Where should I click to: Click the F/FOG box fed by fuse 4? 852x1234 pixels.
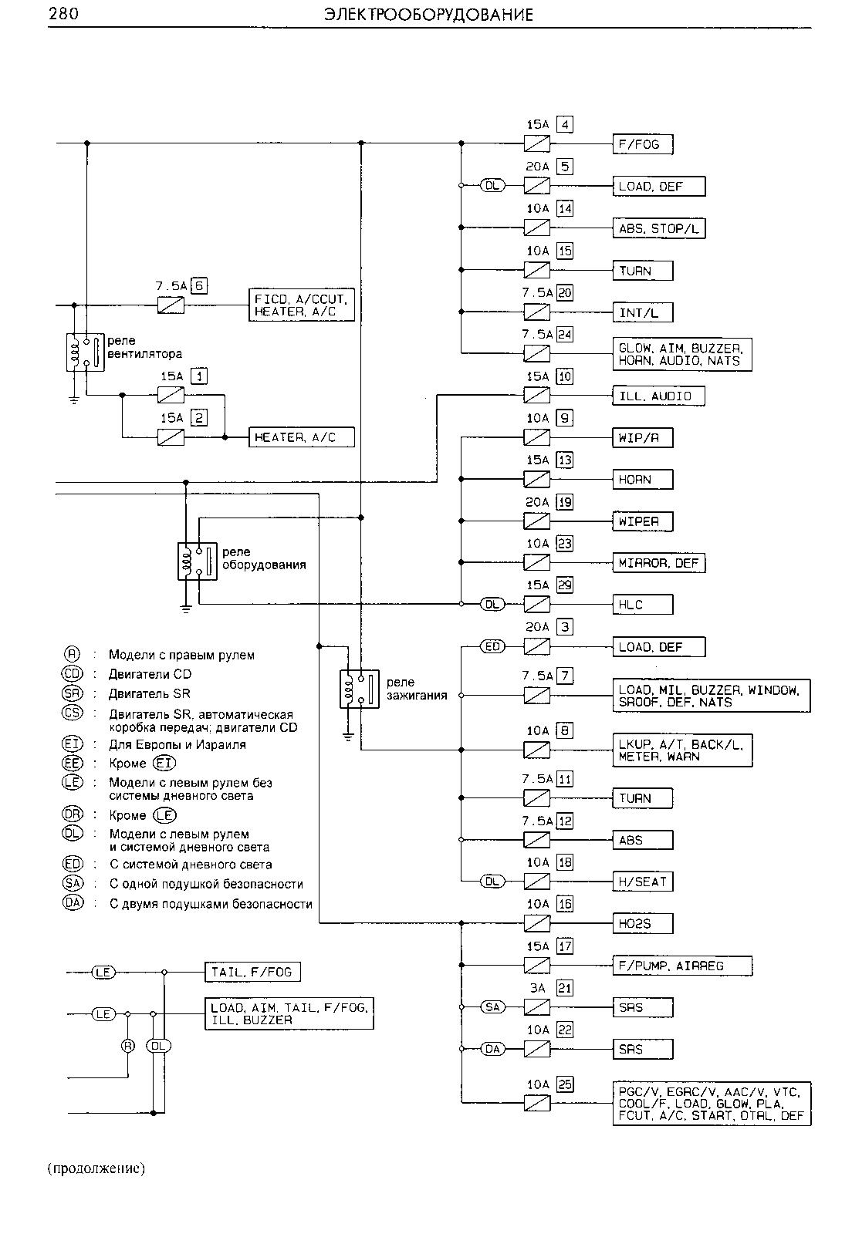click(x=643, y=144)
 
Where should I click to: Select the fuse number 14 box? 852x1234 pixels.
click(x=565, y=209)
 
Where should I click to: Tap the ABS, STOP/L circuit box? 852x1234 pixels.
click(x=658, y=228)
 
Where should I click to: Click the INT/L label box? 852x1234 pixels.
click(x=643, y=313)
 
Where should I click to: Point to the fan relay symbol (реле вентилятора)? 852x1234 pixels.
click(x=85, y=352)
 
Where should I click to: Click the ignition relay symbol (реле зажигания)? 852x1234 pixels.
click(x=360, y=689)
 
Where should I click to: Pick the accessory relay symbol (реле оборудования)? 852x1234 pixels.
click(x=197, y=561)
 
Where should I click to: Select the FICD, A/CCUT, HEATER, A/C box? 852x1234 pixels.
click(x=302, y=305)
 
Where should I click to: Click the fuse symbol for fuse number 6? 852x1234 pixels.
click(x=171, y=305)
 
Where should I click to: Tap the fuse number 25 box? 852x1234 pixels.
click(x=565, y=1084)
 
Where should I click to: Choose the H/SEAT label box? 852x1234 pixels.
click(x=643, y=882)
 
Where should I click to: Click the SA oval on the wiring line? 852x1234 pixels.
click(x=492, y=1007)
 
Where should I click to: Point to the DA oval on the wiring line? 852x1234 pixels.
click(x=492, y=1050)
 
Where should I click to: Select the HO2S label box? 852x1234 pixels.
click(x=643, y=924)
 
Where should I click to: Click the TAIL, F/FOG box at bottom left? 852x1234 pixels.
click(x=252, y=973)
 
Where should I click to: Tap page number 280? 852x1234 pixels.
click(x=63, y=14)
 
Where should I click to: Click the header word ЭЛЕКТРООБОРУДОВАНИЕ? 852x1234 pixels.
click(x=428, y=15)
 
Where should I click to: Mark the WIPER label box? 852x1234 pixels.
click(x=643, y=521)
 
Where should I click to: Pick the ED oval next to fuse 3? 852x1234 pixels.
click(x=492, y=646)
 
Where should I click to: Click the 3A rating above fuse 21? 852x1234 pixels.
click(x=537, y=988)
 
